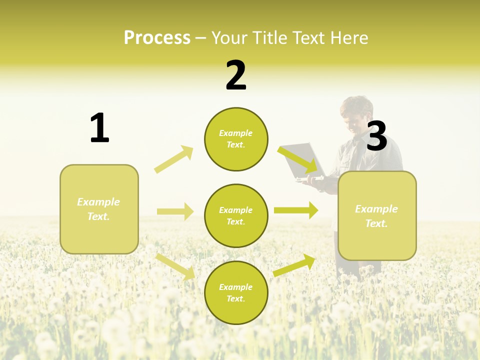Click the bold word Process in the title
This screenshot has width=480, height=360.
[157, 38]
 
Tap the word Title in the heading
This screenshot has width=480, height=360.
[270, 38]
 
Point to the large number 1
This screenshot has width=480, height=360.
[99, 128]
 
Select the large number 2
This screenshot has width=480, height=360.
[236, 75]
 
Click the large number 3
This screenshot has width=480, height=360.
[377, 136]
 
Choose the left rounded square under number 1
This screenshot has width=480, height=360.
[99, 209]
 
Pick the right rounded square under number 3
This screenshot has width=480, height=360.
[377, 215]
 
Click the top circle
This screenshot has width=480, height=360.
[236, 139]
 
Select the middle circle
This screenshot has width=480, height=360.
[236, 215]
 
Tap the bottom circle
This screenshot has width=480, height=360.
[236, 292]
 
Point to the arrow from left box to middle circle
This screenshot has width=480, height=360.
[175, 211]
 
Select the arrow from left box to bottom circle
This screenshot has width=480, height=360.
[175, 266]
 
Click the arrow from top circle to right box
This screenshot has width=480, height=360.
[298, 159]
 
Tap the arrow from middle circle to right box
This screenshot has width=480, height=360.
[296, 210]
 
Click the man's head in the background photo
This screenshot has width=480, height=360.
[357, 114]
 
